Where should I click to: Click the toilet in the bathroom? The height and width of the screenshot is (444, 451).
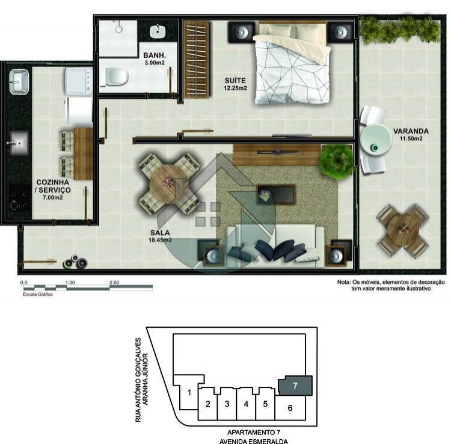(114, 77)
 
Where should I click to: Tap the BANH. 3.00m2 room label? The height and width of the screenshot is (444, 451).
(155, 58)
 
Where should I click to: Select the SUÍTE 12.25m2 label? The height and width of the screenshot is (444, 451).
(235, 84)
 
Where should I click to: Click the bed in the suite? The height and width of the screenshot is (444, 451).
(292, 63)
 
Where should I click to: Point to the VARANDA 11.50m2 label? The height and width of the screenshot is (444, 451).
(411, 134)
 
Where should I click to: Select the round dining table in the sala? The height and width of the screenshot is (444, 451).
(168, 184)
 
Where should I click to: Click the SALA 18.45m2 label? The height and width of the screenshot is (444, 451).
(160, 236)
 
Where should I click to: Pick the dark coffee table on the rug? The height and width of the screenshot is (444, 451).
(277, 195)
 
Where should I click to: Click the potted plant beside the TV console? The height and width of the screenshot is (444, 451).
(337, 161)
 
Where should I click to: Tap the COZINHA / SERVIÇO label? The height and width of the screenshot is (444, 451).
(53, 190)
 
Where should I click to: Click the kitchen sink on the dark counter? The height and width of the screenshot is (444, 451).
(19, 143)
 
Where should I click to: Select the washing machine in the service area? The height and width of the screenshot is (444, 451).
(79, 81)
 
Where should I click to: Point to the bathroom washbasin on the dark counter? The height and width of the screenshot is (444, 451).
(158, 32)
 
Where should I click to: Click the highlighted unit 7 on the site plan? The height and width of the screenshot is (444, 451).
(295, 385)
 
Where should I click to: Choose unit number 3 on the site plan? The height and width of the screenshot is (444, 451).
(227, 404)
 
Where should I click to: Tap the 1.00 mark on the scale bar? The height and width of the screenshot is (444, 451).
(70, 283)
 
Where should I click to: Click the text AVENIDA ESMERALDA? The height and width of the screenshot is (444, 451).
(253, 441)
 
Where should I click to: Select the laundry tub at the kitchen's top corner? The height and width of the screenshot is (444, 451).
(19, 82)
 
